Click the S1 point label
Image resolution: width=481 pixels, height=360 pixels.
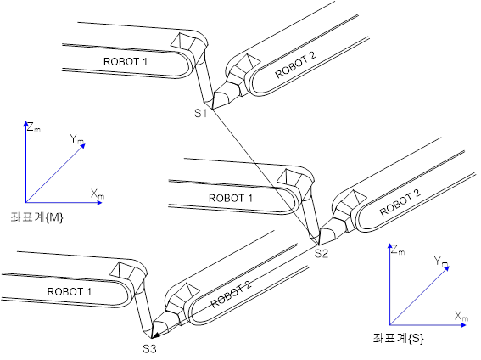click(200, 113)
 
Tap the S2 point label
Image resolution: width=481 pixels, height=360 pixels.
click(322, 253)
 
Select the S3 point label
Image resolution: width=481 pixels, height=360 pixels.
click(149, 349)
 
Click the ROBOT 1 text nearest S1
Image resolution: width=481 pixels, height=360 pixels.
click(126, 62)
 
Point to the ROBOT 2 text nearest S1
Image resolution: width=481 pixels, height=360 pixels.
click(295, 65)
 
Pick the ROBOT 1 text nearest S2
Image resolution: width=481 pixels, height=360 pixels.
click(231, 199)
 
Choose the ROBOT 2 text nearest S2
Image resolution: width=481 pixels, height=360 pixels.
click(400, 202)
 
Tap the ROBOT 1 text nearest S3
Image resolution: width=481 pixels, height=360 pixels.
click(70, 291)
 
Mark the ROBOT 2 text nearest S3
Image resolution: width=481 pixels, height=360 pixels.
click(231, 294)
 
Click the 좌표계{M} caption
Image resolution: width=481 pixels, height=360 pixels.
click(36, 217)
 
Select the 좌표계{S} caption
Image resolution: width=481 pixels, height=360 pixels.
click(399, 338)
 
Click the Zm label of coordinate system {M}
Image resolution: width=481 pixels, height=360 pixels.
click(34, 127)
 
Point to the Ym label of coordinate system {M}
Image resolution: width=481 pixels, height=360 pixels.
click(76, 139)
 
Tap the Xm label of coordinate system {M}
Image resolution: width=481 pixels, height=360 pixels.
click(98, 194)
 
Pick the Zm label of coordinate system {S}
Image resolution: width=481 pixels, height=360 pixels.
click(398, 250)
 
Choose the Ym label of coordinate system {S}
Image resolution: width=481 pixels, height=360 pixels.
click(441, 262)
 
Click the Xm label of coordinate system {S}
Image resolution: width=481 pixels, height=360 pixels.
click(461, 316)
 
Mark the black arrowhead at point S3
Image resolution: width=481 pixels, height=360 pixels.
click(155, 335)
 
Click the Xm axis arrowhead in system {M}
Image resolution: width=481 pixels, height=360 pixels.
click(98, 203)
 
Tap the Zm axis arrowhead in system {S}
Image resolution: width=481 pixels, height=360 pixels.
click(390, 246)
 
